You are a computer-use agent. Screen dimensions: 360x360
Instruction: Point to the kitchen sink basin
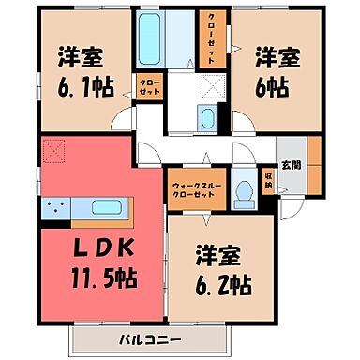109,208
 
